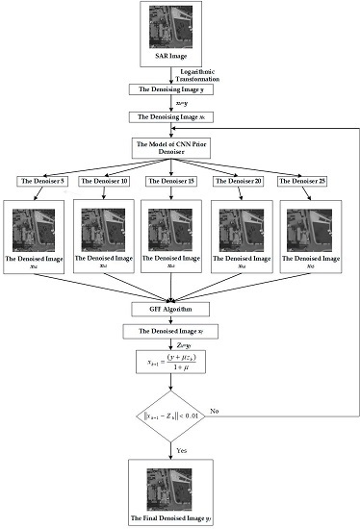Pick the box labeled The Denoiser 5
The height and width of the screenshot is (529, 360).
pyautogui.click(x=39, y=181)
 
